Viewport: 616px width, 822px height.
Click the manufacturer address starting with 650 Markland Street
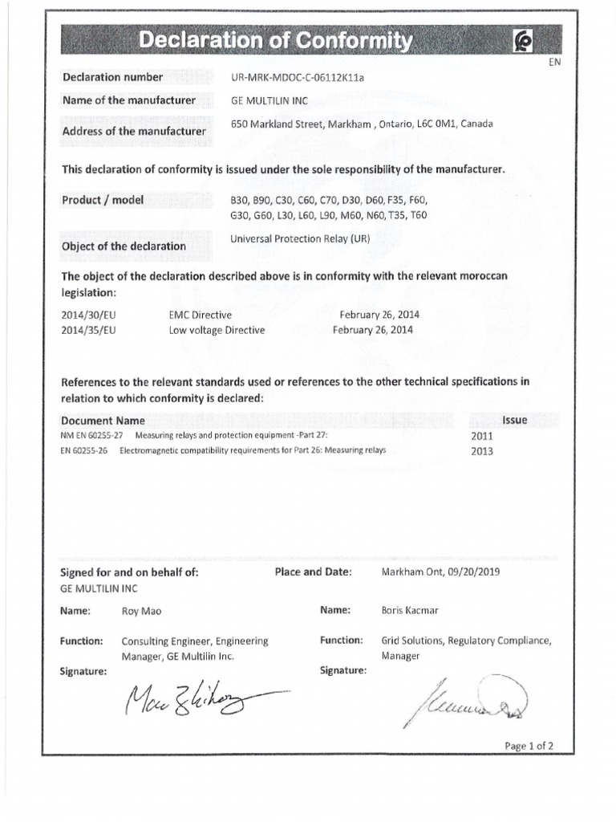pyautogui.click(x=362, y=124)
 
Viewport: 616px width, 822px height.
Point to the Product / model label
pyautogui.click(x=103, y=200)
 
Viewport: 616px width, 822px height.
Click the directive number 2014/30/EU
pyautogui.click(x=87, y=316)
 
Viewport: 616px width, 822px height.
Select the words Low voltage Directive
pyautogui.click(x=217, y=330)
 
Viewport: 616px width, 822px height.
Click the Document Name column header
pyautogui.click(x=103, y=421)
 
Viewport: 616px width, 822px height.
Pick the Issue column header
pyautogui.click(x=514, y=420)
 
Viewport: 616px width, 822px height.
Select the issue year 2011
pyautogui.click(x=484, y=436)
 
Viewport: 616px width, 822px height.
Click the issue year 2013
pyautogui.click(x=484, y=450)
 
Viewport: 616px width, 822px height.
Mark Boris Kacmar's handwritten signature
pyautogui.click(x=466, y=701)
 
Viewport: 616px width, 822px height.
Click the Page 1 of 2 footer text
pyautogui.click(x=529, y=746)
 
